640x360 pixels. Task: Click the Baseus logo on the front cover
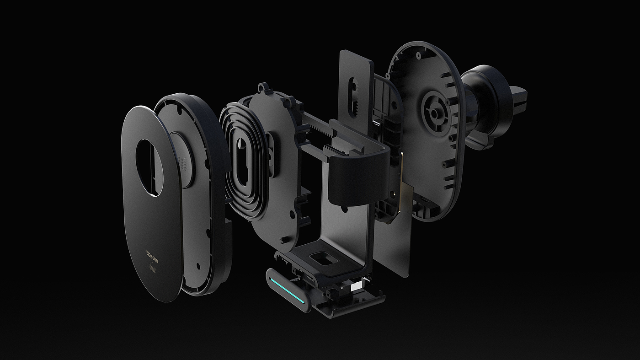click(x=152, y=257)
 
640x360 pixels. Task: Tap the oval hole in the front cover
click(x=149, y=168)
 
